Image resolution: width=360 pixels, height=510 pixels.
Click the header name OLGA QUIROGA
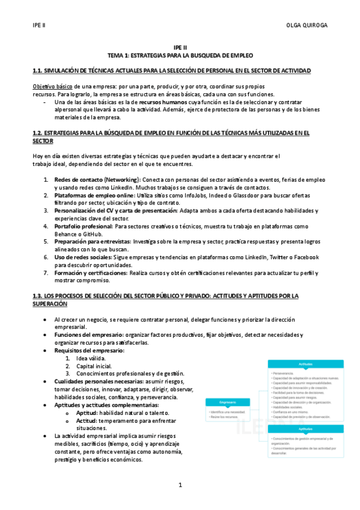click(x=307, y=26)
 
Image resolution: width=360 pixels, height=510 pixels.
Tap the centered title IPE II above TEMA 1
click(x=180, y=46)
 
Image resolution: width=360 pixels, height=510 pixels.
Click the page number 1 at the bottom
click(x=180, y=485)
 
